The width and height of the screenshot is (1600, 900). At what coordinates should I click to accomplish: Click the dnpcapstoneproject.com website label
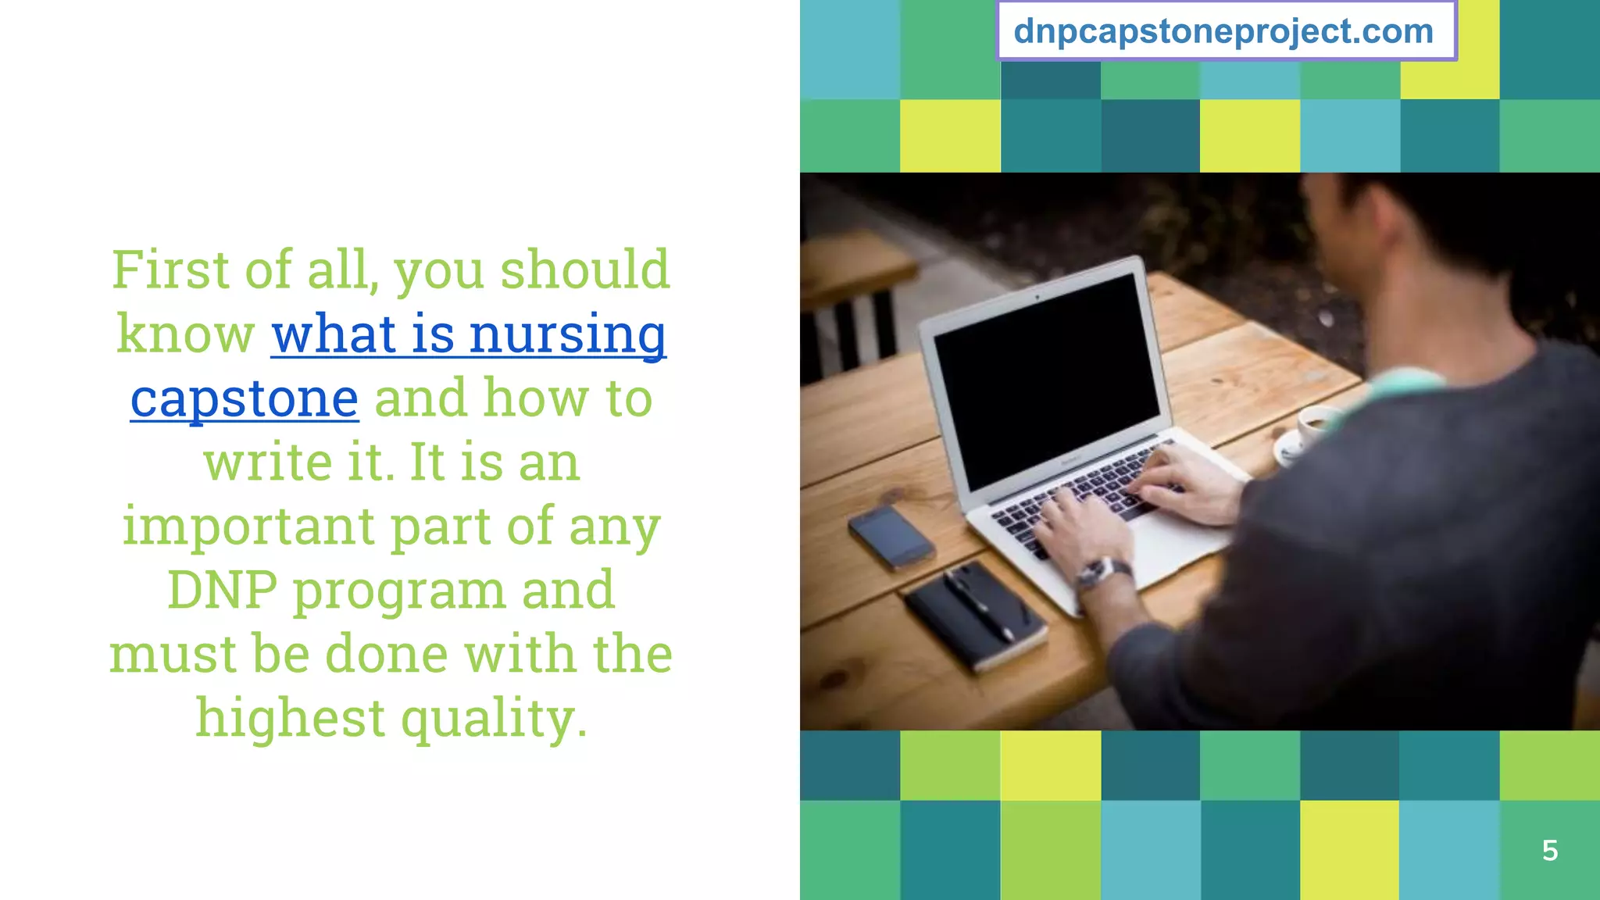(x=1223, y=32)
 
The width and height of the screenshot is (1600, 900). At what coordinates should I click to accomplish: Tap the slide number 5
(x=1550, y=850)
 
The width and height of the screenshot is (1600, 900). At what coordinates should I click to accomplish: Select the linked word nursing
(x=567, y=334)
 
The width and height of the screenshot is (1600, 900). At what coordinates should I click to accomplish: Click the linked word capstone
(x=245, y=398)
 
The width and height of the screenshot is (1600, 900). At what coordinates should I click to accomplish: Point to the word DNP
(x=222, y=590)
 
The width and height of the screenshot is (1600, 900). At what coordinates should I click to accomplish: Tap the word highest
(x=290, y=717)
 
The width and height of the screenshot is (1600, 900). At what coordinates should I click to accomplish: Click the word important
(x=248, y=526)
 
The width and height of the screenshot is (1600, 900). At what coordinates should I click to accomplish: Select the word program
(x=398, y=591)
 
